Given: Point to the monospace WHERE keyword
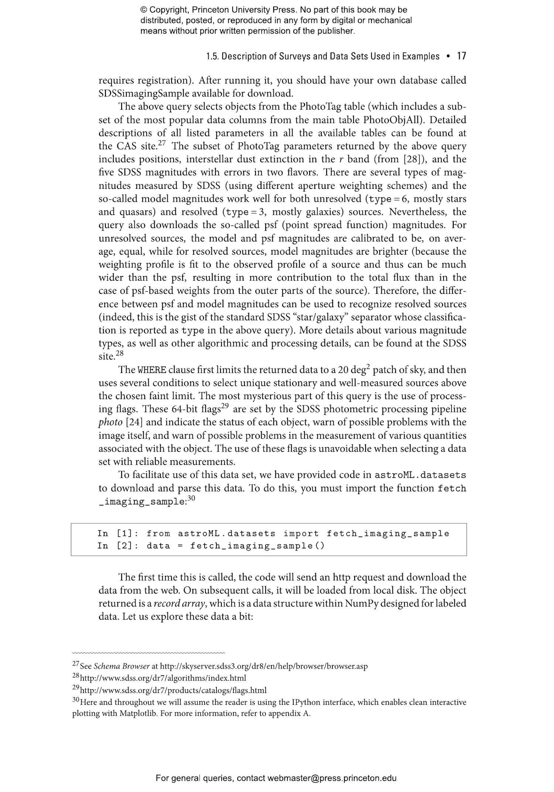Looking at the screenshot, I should point(152,370).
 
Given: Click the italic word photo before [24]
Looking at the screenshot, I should point(110,422).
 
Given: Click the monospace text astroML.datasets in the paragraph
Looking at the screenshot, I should point(420,475).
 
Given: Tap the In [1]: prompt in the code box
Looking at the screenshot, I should point(118,533).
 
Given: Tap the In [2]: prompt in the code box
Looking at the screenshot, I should point(118,545).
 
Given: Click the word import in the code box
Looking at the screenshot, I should point(301,533).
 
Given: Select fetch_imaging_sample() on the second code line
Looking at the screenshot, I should point(257,545).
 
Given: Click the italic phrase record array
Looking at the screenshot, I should point(179,604).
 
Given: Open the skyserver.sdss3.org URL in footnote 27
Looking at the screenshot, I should point(264,666).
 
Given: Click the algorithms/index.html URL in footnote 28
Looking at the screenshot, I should point(163,678).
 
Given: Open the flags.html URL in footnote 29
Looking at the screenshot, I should point(173,690).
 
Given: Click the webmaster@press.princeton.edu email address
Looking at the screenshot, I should point(332,778).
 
